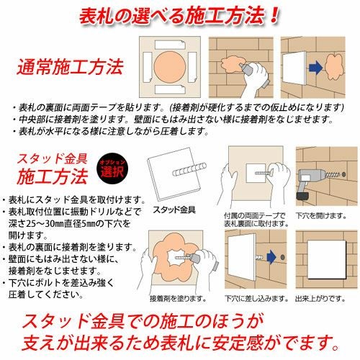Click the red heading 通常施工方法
(70, 67)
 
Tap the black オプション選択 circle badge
(112, 168)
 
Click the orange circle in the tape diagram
(170, 67)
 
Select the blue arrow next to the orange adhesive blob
(315, 67)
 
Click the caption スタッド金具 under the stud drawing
(174, 210)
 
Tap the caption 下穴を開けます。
(321, 216)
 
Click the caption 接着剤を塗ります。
(178, 299)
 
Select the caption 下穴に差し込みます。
(257, 299)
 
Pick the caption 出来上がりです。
(320, 299)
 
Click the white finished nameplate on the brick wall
(327, 259)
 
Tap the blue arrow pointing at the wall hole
(271, 257)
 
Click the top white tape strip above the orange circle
(170, 45)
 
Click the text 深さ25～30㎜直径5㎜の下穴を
(70, 224)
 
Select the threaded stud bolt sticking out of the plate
(189, 169)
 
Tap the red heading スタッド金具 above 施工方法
(52, 159)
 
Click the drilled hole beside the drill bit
(343, 174)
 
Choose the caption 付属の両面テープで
(255, 216)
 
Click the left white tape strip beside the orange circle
(148, 67)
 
